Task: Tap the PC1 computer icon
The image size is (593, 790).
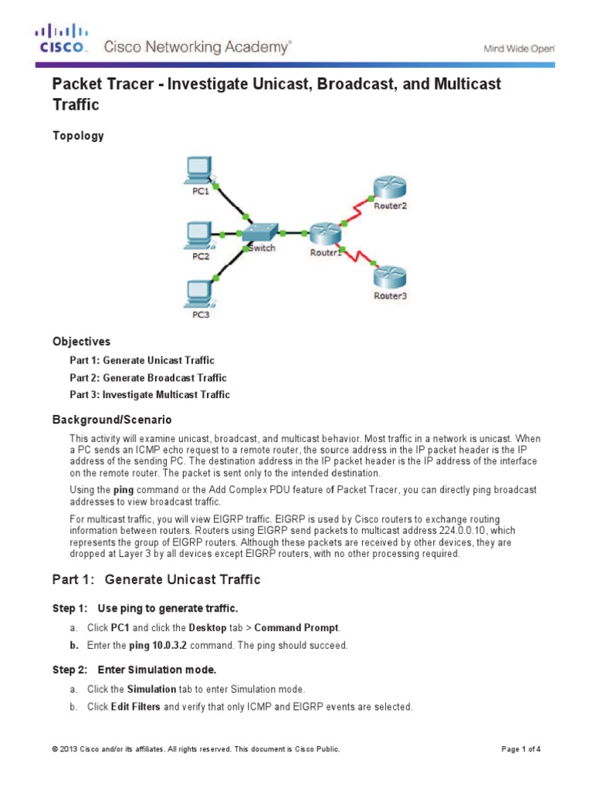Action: pos(199,170)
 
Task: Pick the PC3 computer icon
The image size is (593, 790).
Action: pos(199,292)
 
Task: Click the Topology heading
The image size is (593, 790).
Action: pos(78,136)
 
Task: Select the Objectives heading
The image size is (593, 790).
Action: pos(81,341)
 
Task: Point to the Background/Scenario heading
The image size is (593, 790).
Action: pos(111,420)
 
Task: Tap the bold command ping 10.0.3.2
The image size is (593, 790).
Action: pos(149,645)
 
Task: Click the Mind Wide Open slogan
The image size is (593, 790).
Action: pos(518,48)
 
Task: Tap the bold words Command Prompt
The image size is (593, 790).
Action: pos(303,628)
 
